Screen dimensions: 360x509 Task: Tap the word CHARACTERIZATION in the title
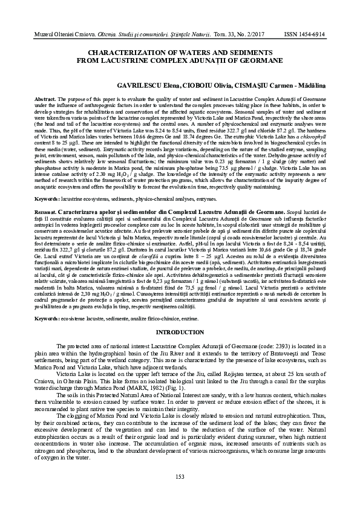(x=127, y=53)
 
